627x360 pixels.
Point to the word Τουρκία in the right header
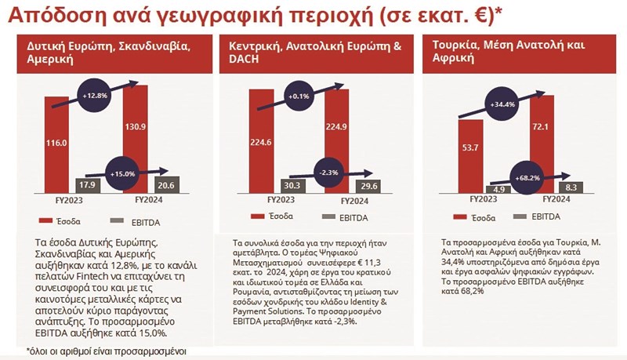pyautogui.click(x=455, y=46)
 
